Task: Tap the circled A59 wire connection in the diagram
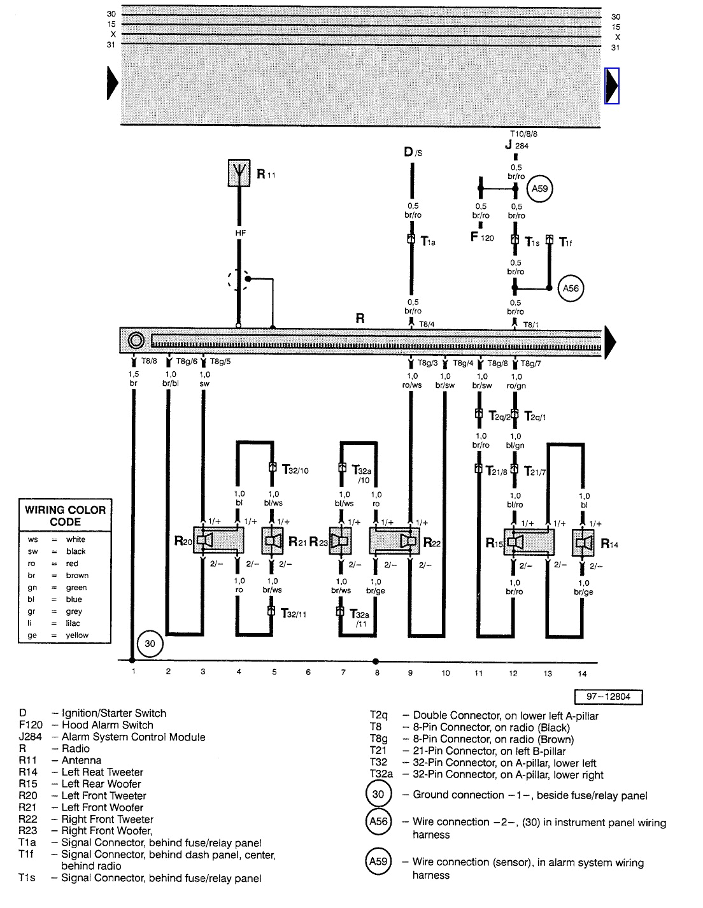coord(540,188)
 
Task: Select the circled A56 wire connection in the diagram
coord(571,288)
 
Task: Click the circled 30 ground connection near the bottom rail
coord(150,644)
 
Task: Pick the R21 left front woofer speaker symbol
coord(273,541)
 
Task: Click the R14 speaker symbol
coord(582,543)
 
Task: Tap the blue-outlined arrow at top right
coord(612,85)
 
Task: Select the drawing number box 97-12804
coord(608,697)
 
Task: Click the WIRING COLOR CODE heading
coord(65,515)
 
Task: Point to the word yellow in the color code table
coord(77,635)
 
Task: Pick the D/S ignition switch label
coord(413,152)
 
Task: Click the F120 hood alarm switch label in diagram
coord(482,238)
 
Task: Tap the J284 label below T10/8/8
coord(516,145)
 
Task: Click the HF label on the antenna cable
coord(240,234)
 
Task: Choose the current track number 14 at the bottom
coord(582,673)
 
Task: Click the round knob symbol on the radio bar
coord(136,341)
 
